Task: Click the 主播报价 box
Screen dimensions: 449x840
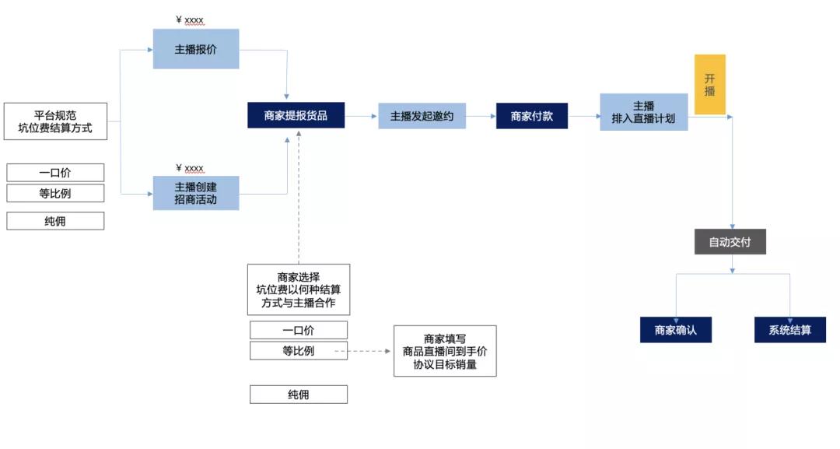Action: tap(196, 48)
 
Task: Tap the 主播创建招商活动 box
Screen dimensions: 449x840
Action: tap(196, 193)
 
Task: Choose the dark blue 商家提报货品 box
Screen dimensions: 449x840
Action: tap(296, 116)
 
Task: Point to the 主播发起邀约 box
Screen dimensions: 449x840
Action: tap(422, 116)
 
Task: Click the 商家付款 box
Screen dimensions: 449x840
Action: tap(532, 116)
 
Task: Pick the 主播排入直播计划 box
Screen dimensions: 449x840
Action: tap(643, 112)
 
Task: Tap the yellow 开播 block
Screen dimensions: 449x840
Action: tap(709, 84)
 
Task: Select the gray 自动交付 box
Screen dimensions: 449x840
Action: tap(730, 242)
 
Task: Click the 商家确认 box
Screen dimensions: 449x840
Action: tap(675, 330)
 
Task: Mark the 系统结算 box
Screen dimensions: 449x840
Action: tap(789, 330)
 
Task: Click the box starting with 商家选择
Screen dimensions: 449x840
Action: tap(298, 289)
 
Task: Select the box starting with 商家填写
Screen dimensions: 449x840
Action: tap(445, 350)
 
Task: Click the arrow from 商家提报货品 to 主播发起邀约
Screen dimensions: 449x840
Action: tap(361, 117)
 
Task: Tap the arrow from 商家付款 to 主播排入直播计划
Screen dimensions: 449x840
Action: tap(583, 117)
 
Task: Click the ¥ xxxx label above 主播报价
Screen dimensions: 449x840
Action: tap(190, 20)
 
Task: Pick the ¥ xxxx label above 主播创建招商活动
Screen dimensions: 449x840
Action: tap(190, 168)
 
